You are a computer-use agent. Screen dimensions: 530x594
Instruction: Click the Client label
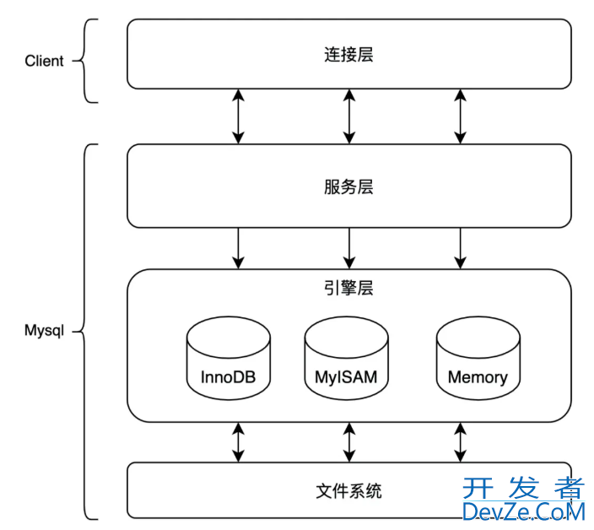pyautogui.click(x=44, y=61)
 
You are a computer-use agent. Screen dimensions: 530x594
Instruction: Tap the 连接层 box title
pyautogui.click(x=348, y=56)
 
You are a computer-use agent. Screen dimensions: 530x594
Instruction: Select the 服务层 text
pyautogui.click(x=348, y=187)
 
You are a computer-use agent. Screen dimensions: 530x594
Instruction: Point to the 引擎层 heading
pyautogui.click(x=348, y=288)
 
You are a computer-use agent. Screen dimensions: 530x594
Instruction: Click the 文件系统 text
pyautogui.click(x=348, y=489)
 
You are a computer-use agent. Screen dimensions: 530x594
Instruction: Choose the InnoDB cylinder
pyautogui.click(x=228, y=360)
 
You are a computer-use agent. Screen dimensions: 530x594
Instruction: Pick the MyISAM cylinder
pyautogui.click(x=347, y=360)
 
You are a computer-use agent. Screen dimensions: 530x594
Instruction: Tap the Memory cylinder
pyautogui.click(x=478, y=360)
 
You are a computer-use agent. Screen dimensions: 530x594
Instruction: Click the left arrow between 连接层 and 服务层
pyautogui.click(x=239, y=116)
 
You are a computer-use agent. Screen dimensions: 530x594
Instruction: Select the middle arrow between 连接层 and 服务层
pyautogui.click(x=348, y=116)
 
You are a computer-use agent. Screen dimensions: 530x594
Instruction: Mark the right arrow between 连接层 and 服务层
pyautogui.click(x=460, y=116)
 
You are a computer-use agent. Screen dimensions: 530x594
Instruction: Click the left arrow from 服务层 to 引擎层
pyautogui.click(x=239, y=248)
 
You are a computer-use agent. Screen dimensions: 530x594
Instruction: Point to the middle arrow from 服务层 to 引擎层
pyautogui.click(x=348, y=248)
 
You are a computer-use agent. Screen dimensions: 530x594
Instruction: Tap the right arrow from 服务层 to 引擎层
pyautogui.click(x=460, y=248)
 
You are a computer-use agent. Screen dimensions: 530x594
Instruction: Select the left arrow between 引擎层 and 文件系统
pyautogui.click(x=239, y=441)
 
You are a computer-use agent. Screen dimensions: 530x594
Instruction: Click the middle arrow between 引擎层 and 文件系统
pyautogui.click(x=348, y=441)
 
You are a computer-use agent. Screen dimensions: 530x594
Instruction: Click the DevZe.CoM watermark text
pyautogui.click(x=523, y=511)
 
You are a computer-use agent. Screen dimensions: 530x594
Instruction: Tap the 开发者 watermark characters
pyautogui.click(x=523, y=487)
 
